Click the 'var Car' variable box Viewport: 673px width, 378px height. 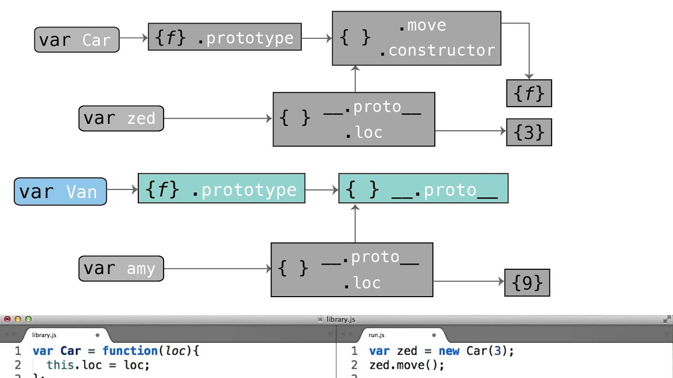[x=77, y=40]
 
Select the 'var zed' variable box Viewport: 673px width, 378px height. [x=121, y=118]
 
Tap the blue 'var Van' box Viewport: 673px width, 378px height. [x=60, y=191]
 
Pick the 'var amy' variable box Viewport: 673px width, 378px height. [x=121, y=269]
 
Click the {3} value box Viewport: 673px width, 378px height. [x=528, y=132]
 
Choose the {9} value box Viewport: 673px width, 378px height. [x=527, y=283]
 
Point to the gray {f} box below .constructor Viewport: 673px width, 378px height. [x=528, y=93]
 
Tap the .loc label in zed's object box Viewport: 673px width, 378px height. [x=363, y=133]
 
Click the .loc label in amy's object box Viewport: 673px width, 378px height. [x=362, y=283]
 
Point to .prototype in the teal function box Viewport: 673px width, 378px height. [x=244, y=190]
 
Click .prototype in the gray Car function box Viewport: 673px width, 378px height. [x=246, y=38]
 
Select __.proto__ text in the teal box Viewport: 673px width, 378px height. [x=444, y=190]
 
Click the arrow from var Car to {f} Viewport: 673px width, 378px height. [x=134, y=38]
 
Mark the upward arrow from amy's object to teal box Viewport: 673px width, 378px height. [x=355, y=223]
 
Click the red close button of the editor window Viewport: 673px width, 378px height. [x=7, y=319]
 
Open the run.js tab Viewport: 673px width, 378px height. [x=376, y=335]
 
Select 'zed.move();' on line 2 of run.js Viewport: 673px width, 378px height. [x=406, y=365]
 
